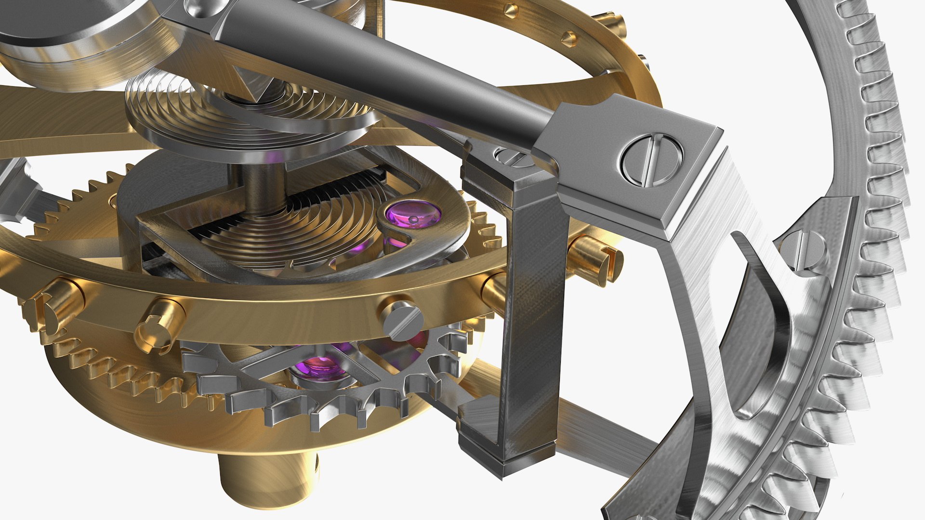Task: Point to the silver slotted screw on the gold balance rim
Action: coord(403,320)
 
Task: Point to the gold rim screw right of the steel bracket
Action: coord(593,253)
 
